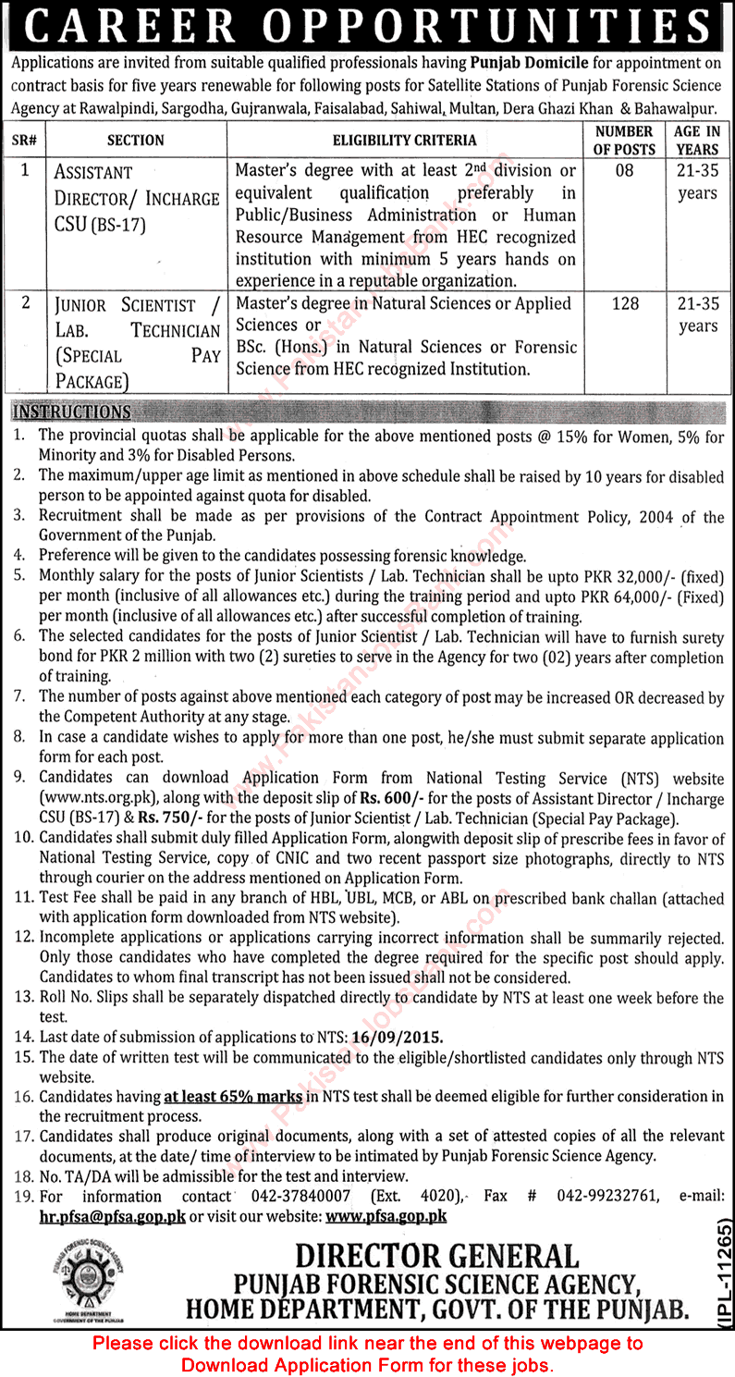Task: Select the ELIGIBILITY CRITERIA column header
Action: tap(405, 141)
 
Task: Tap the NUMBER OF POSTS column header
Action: tap(625, 140)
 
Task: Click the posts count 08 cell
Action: tap(625, 171)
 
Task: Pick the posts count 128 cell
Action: tap(625, 304)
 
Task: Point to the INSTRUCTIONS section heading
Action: tap(72, 412)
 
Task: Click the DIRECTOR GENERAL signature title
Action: tap(436, 1256)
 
